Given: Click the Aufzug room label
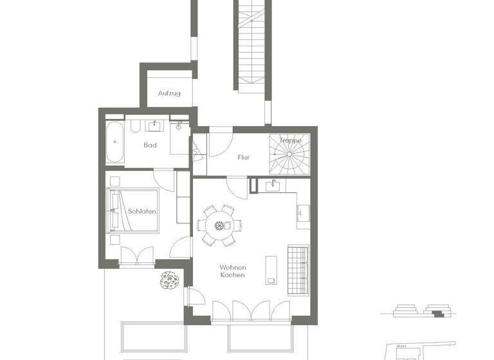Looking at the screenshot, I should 169,93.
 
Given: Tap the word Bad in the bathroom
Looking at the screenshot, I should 150,145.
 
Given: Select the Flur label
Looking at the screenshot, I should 243,157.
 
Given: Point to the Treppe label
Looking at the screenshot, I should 290,140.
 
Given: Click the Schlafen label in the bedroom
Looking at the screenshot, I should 142,211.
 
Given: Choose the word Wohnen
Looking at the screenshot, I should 232,267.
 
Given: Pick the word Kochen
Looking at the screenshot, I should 232,276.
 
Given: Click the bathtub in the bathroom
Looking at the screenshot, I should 115,142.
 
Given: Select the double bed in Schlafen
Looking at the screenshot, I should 133,210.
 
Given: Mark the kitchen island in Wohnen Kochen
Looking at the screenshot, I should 271,269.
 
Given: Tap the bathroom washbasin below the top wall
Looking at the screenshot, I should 155,125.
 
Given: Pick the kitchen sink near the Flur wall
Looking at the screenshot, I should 273,186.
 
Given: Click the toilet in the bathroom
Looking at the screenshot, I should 179,126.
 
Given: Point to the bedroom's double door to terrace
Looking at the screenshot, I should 136,256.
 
